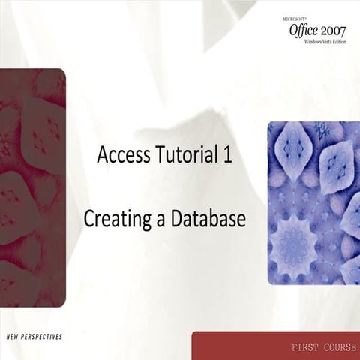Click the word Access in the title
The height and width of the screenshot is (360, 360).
123,155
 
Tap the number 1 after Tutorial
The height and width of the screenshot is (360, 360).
226,155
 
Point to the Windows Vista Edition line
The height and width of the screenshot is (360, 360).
324,42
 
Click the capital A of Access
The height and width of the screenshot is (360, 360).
103,155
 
